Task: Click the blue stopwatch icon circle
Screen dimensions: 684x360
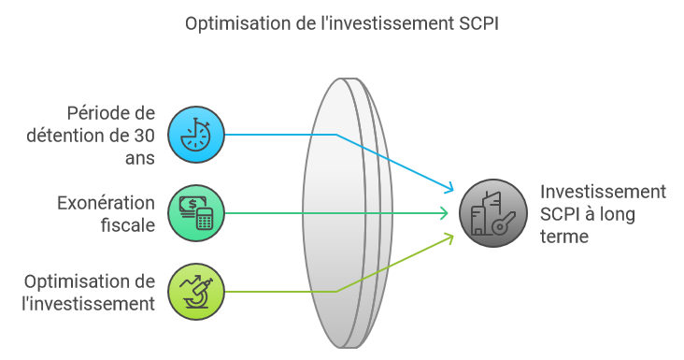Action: [196, 135]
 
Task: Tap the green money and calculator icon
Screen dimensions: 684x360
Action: [196, 213]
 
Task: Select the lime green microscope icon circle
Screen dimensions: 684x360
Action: [196, 292]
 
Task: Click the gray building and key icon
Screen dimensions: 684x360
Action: [493, 213]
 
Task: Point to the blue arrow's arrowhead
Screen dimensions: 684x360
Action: [449, 189]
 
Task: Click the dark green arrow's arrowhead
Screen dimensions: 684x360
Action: [444, 213]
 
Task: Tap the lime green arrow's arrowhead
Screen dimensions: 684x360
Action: [449, 238]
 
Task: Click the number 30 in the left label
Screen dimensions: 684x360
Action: [144, 136]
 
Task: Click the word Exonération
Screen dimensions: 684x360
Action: [106, 203]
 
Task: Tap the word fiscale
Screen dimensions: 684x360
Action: [128, 225]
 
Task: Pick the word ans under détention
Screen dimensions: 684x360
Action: [140, 158]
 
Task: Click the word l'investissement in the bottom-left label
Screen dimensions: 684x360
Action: [89, 304]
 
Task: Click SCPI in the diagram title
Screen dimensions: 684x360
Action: [478, 23]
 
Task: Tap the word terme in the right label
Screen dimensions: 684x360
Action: [564, 237]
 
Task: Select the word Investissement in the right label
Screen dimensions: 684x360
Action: [604, 192]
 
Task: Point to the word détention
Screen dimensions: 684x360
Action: [78, 136]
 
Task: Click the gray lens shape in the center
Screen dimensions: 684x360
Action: [348, 213]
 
